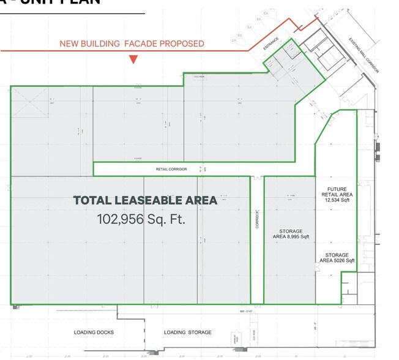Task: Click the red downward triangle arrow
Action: click(133, 59)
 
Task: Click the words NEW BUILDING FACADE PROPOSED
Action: click(132, 43)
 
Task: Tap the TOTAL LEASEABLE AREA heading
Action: click(145, 200)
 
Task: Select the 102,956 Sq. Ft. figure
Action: click(141, 219)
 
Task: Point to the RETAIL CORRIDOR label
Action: click(171, 169)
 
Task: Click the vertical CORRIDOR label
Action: click(257, 219)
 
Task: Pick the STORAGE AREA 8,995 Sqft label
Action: click(291, 233)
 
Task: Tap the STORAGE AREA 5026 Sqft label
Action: click(337, 258)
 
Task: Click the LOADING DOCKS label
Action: click(94, 332)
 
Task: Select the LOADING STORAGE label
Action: click(187, 332)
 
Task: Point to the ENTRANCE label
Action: click(271, 45)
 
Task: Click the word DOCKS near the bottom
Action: click(104, 332)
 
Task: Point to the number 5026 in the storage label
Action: click(339, 261)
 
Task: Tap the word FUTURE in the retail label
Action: click(337, 189)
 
